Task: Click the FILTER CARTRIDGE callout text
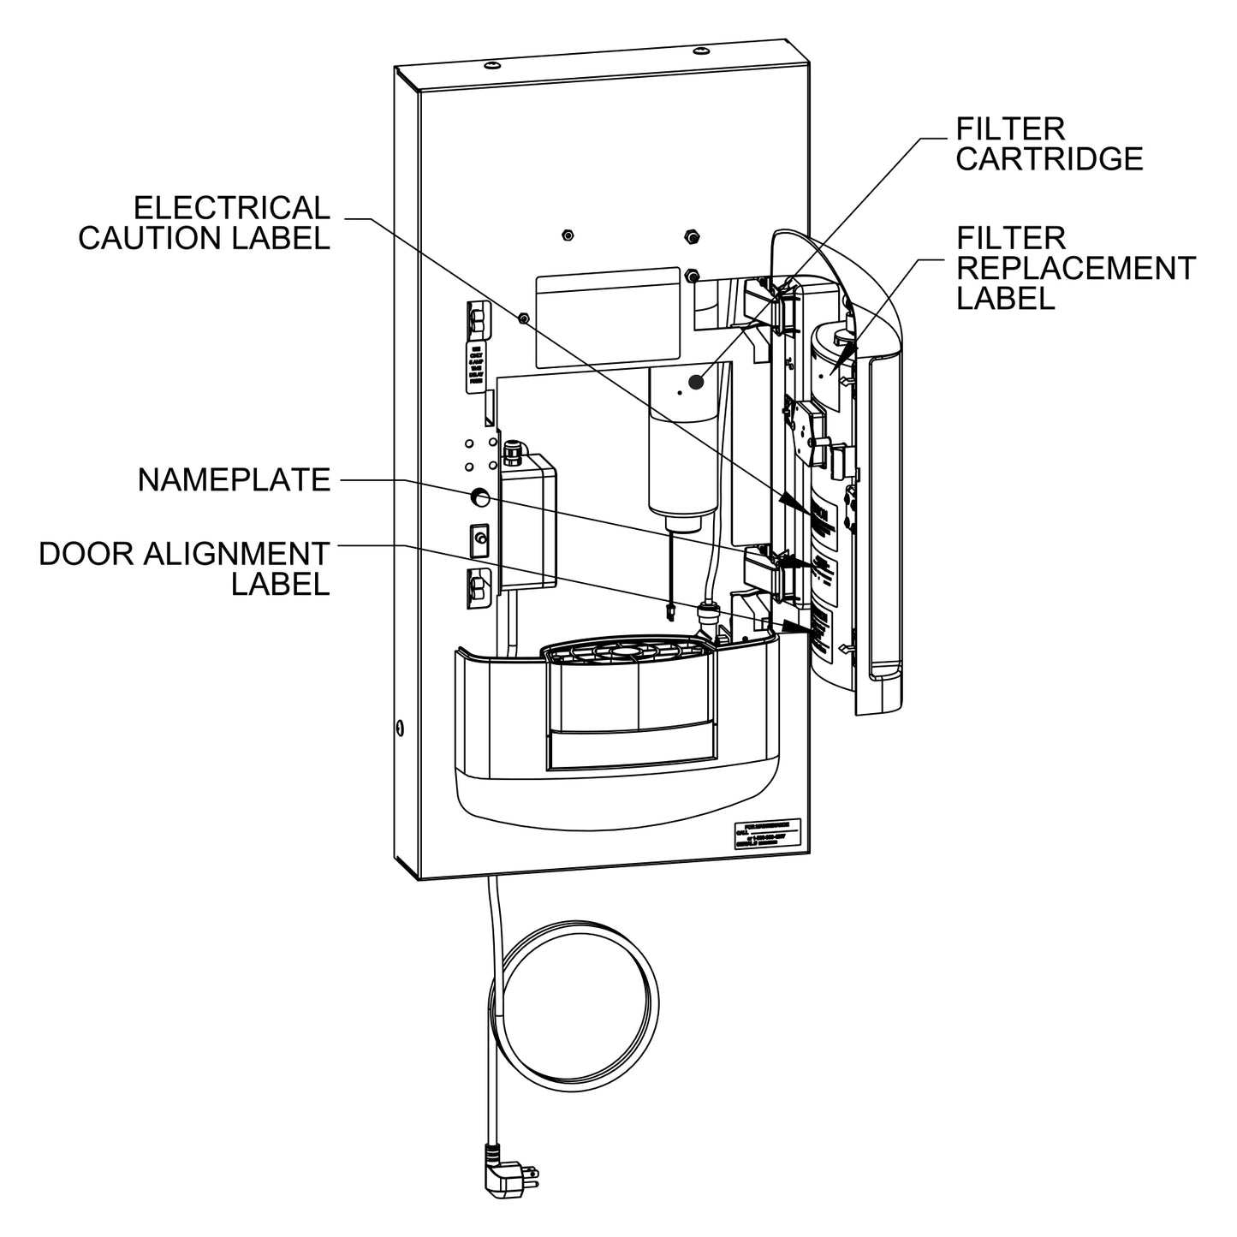pyautogui.click(x=1049, y=144)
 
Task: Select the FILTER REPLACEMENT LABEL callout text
pyautogui.click(x=1074, y=267)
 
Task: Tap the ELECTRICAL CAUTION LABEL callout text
pyautogui.click(x=204, y=223)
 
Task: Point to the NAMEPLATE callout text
pyautogui.click(x=234, y=480)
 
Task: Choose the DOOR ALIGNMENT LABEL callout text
pyautogui.click(x=184, y=568)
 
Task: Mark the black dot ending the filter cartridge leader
pyautogui.click(x=696, y=382)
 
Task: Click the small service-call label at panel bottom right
pyautogui.click(x=767, y=835)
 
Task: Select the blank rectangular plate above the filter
pyautogui.click(x=607, y=316)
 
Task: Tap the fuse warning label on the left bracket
pyautogui.click(x=474, y=367)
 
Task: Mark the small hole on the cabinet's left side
pyautogui.click(x=400, y=729)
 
